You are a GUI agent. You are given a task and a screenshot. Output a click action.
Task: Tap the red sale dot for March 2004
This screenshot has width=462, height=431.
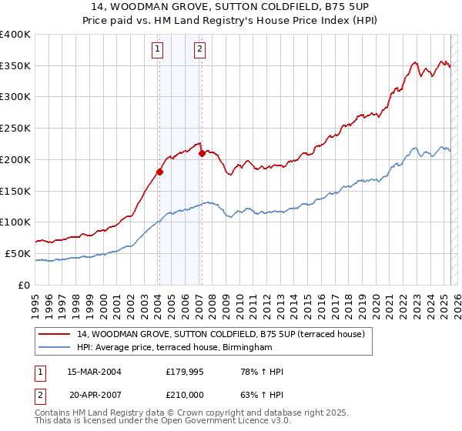tap(159, 172)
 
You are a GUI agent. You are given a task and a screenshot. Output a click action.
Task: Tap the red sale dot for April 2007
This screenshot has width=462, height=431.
tap(201, 153)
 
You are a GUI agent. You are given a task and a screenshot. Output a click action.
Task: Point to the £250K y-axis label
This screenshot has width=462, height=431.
tap(16, 129)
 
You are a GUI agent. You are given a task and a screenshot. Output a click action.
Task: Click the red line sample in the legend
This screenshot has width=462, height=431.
tap(55, 334)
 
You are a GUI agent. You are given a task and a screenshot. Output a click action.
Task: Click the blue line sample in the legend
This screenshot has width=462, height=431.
tap(55, 348)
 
